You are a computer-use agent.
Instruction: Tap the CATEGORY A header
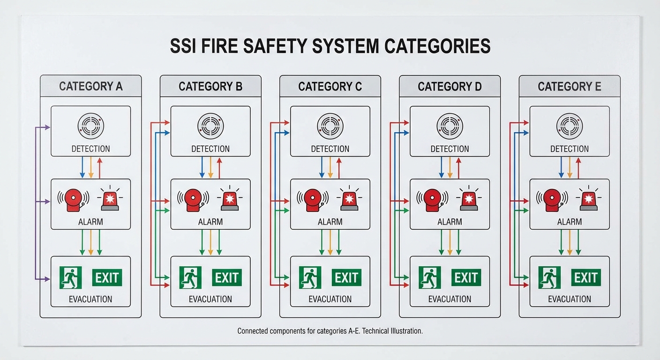(x=90, y=87)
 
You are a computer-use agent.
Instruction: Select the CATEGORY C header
(x=330, y=87)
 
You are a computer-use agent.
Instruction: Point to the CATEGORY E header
(x=569, y=87)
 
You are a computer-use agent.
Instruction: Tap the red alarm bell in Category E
(x=552, y=200)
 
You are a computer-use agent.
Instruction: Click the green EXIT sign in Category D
(x=466, y=277)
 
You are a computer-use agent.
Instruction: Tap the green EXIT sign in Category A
(x=107, y=277)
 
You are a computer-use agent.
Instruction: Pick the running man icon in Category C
(x=310, y=277)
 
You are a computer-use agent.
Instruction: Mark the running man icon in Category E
(x=549, y=277)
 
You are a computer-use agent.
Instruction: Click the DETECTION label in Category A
(x=90, y=149)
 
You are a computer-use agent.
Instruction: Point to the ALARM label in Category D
(x=450, y=222)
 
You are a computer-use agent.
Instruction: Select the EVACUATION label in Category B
(x=210, y=299)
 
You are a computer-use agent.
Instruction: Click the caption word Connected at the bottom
(x=253, y=331)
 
